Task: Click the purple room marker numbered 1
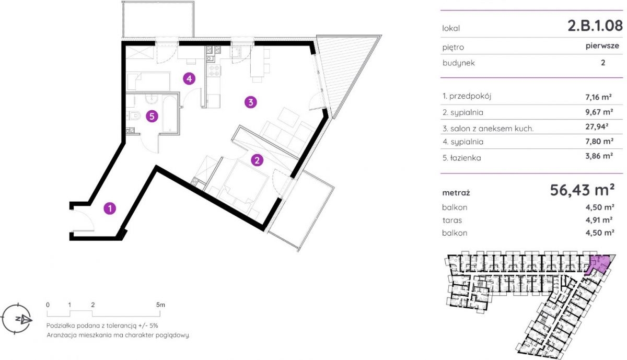click(x=110, y=208)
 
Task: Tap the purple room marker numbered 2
click(x=257, y=160)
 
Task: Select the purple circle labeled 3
click(x=250, y=102)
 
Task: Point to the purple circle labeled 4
click(x=189, y=79)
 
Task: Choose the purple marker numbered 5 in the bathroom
click(x=152, y=116)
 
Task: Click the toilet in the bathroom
click(x=133, y=115)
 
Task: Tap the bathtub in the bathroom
click(x=170, y=114)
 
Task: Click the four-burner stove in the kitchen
click(x=214, y=71)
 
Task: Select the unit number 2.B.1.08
click(x=595, y=26)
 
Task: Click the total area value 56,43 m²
click(x=582, y=190)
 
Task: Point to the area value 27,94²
click(x=597, y=127)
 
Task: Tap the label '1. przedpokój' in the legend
click(x=467, y=96)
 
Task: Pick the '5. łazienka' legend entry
click(x=462, y=158)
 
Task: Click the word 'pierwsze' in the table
click(x=602, y=45)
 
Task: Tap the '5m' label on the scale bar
click(x=161, y=305)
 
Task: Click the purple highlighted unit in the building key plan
click(x=598, y=264)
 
